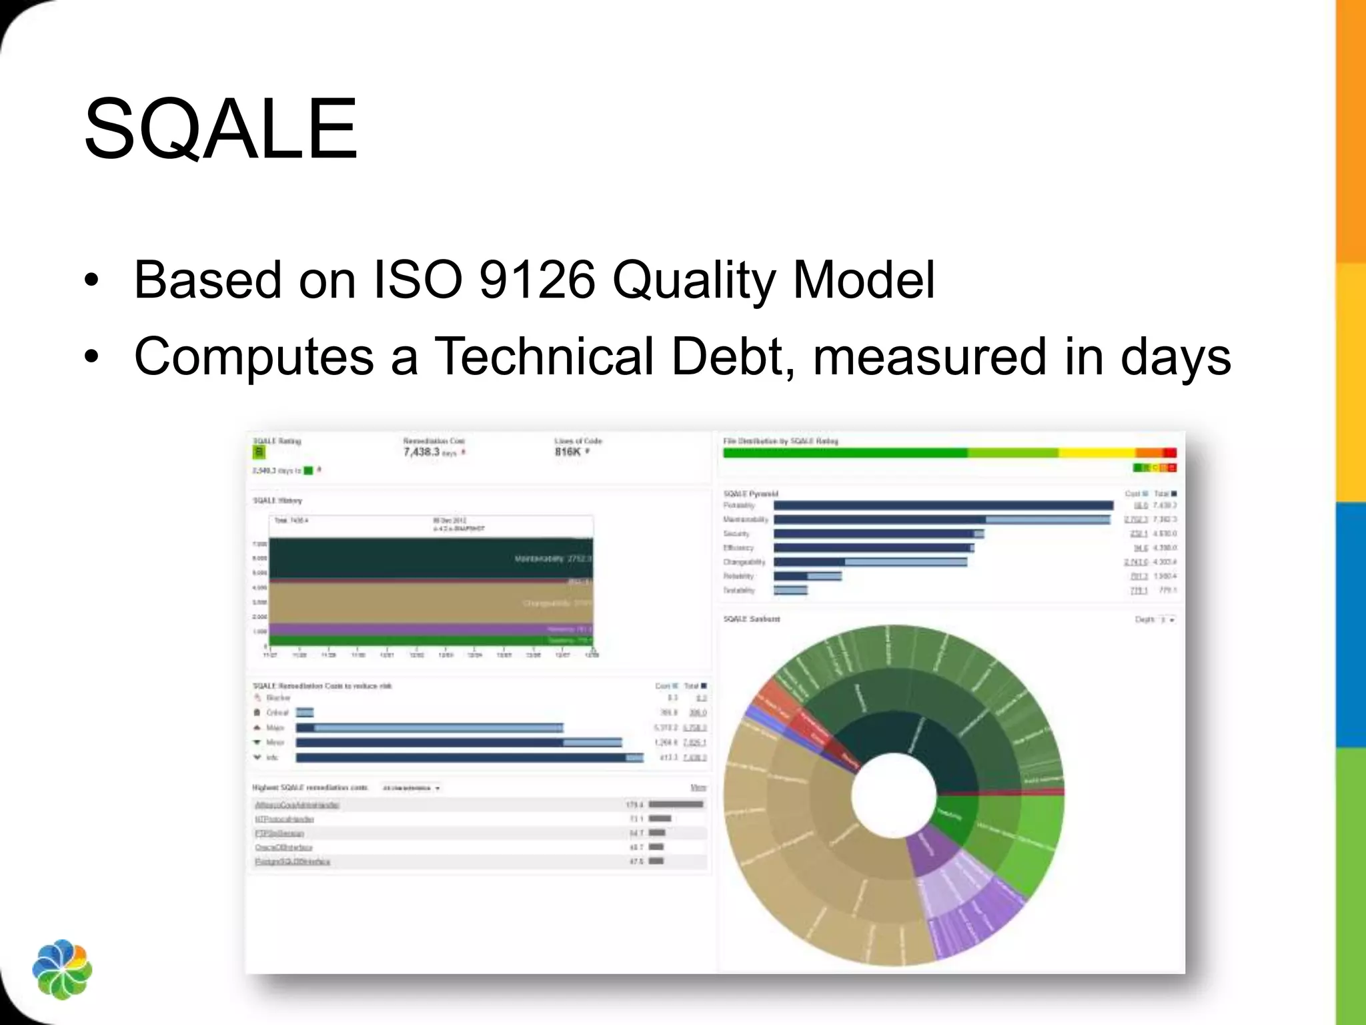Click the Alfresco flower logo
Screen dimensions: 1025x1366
(62, 969)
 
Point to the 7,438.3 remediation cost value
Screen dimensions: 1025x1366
(422, 452)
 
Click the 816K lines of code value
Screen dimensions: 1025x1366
(568, 452)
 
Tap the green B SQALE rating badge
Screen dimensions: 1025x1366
(259, 452)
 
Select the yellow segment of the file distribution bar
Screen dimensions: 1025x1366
(1097, 452)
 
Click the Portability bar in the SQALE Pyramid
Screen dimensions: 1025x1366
(943, 506)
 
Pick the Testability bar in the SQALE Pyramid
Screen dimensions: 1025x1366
(790, 590)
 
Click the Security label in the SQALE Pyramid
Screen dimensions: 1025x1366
(736, 534)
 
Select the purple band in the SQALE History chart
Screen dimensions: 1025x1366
(430, 629)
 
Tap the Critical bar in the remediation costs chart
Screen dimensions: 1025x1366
(305, 713)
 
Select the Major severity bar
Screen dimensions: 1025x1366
(430, 727)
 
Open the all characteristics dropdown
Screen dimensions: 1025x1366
(412, 788)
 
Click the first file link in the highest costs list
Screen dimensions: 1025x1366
(297, 805)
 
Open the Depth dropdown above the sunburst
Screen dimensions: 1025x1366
(1167, 620)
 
